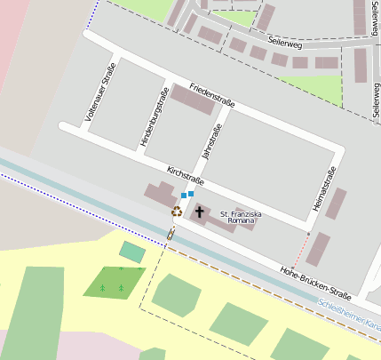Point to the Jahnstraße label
click(x=212, y=141)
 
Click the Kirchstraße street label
click(x=186, y=175)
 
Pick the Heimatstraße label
click(x=326, y=188)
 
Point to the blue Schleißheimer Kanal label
click(x=349, y=316)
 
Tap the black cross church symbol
click(x=200, y=212)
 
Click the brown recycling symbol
click(x=177, y=212)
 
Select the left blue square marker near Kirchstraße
click(x=184, y=196)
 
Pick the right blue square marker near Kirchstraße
click(x=191, y=193)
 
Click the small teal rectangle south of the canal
click(x=132, y=252)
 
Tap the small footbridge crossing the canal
click(x=170, y=235)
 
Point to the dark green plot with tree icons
click(x=113, y=282)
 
